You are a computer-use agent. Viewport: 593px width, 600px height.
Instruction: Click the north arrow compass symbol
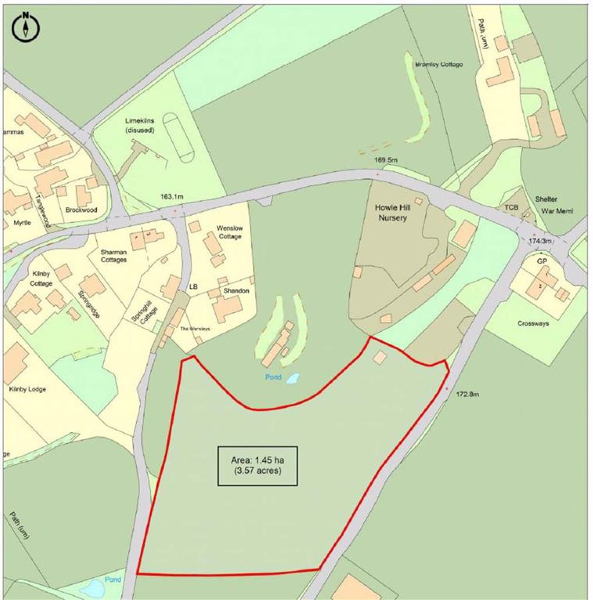pyautogui.click(x=26, y=26)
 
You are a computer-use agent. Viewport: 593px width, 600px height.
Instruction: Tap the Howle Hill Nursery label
pyautogui.click(x=390, y=213)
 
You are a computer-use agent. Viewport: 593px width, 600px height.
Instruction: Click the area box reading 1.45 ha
pyautogui.click(x=257, y=466)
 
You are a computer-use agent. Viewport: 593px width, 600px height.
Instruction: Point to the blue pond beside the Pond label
pyautogui.click(x=292, y=379)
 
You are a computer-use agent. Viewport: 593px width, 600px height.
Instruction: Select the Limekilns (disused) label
pyautogui.click(x=139, y=125)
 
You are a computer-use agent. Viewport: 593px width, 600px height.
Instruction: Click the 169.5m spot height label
pyautogui.click(x=386, y=160)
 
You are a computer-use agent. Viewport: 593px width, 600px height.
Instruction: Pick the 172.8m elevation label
pyautogui.click(x=467, y=394)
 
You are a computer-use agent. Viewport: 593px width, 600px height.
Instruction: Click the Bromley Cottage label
pyautogui.click(x=438, y=64)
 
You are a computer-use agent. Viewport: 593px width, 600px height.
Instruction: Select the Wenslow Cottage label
pyautogui.click(x=229, y=231)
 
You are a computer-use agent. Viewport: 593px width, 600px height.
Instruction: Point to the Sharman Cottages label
pyautogui.click(x=114, y=256)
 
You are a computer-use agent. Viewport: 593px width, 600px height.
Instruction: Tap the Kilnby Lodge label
pyautogui.click(x=28, y=389)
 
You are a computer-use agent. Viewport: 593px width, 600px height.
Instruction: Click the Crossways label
pyautogui.click(x=533, y=323)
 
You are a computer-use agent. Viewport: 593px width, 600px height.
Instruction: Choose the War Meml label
pyautogui.click(x=556, y=211)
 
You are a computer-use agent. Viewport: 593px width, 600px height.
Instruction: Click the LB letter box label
pyautogui.click(x=194, y=287)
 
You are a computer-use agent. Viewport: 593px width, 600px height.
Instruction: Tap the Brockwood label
pyautogui.click(x=81, y=210)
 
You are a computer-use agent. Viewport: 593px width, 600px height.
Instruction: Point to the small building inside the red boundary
pyautogui.click(x=380, y=357)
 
